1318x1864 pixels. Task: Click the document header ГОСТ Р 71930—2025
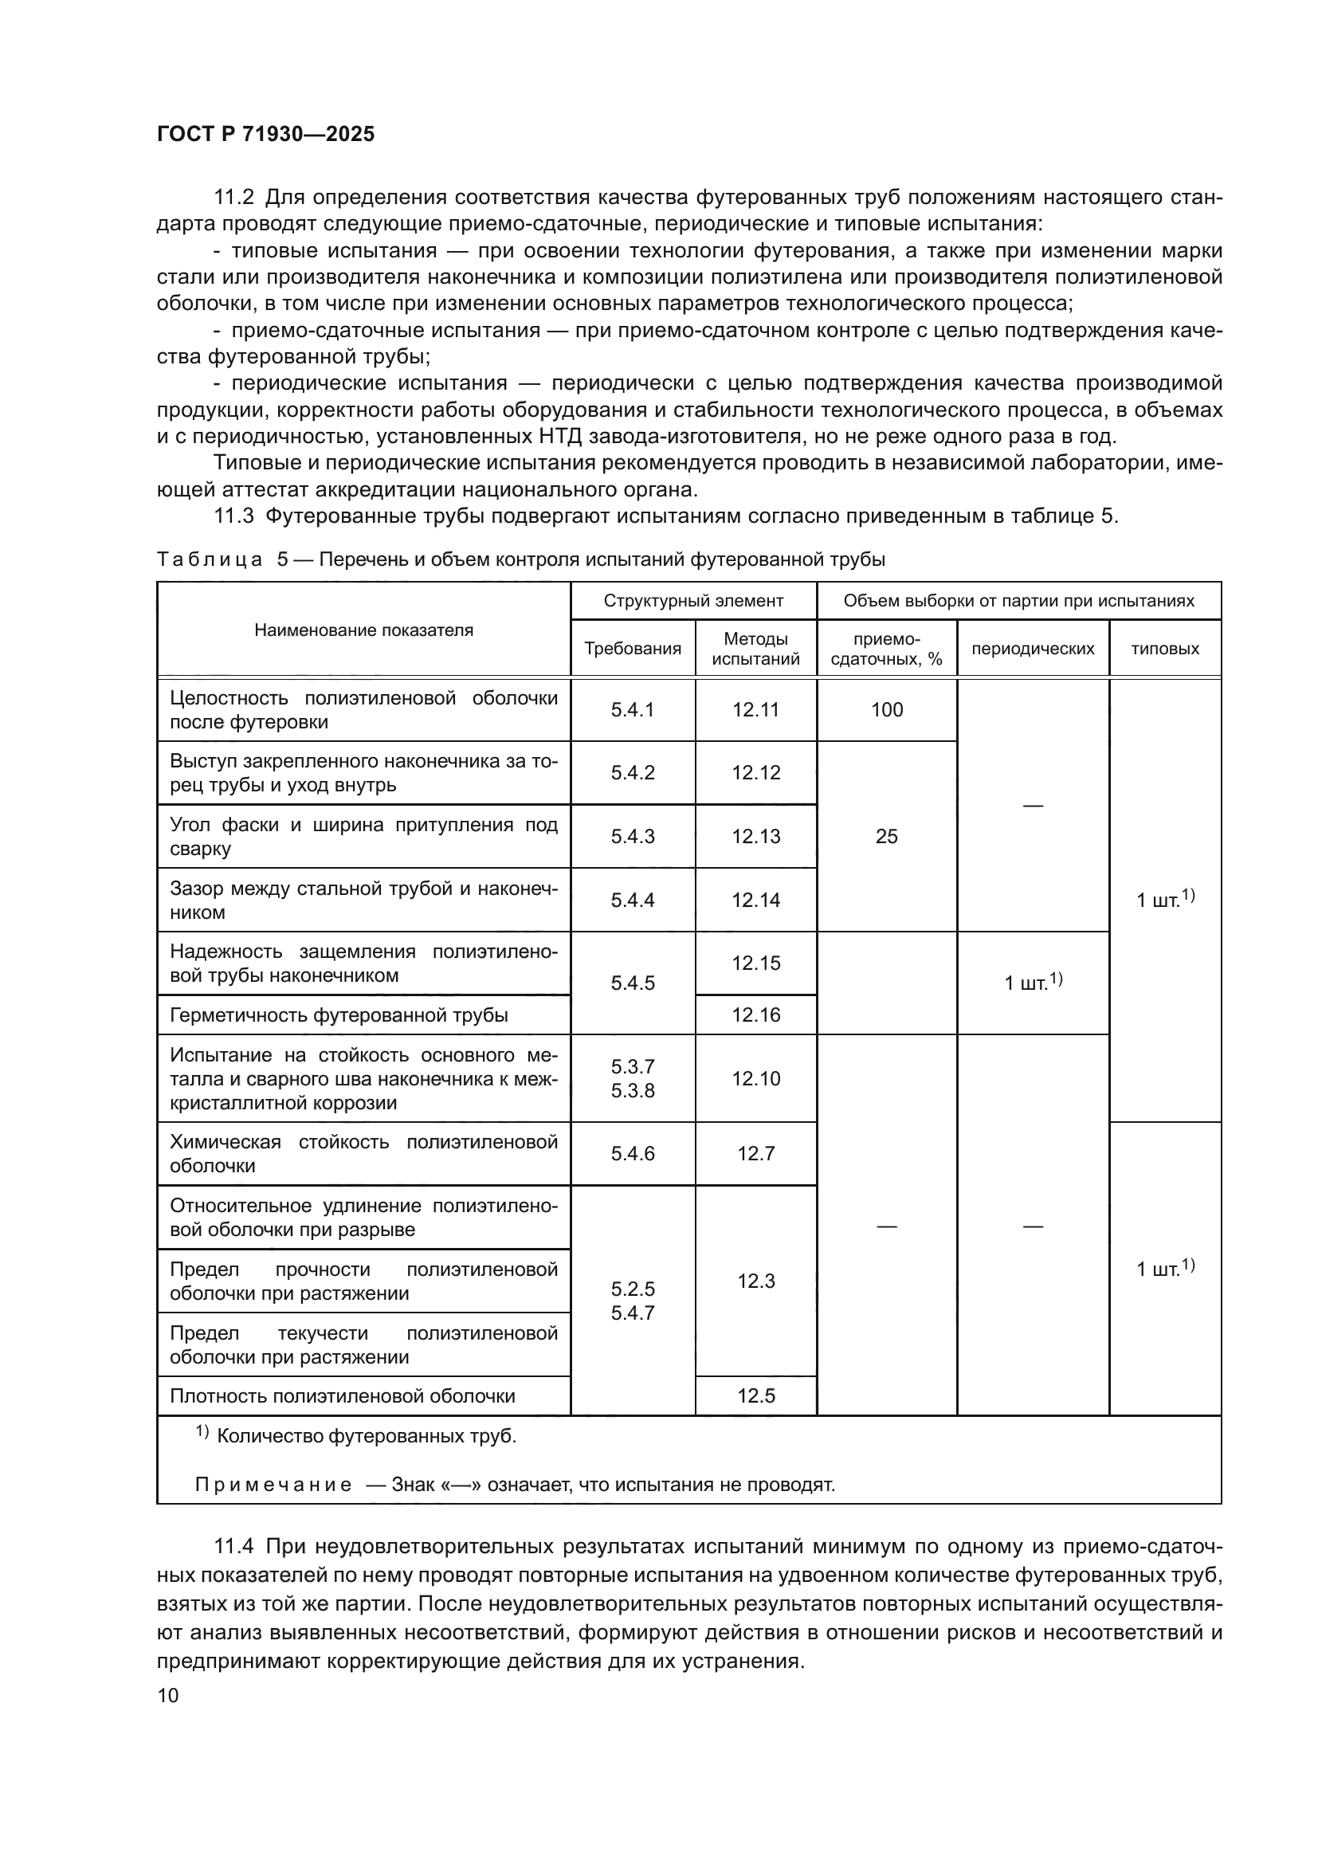265,134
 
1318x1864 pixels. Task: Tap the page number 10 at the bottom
168,1695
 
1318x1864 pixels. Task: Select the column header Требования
632,649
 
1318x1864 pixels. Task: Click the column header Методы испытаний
755,649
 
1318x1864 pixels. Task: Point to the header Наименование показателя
363,630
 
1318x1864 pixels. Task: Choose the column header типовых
1165,649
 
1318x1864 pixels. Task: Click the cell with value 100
886,709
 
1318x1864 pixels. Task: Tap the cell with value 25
886,836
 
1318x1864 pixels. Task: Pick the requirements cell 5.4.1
632,709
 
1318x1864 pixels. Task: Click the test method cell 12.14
755,900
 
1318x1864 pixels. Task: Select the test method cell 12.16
755,1014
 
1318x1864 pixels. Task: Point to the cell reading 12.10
755,1078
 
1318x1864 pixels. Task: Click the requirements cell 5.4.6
632,1154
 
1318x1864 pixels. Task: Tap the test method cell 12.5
755,1395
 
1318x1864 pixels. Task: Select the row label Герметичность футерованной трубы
339,1014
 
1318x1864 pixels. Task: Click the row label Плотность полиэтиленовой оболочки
342,1395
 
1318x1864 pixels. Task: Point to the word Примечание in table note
273,1485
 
